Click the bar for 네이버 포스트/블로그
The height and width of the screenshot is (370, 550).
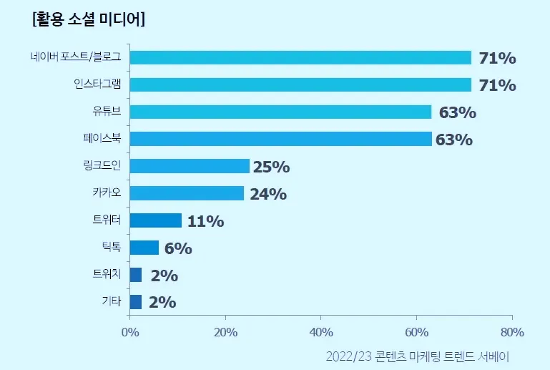300,58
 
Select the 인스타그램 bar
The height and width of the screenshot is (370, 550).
300,85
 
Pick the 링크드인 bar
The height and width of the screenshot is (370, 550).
190,166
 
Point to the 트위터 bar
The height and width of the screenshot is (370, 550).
156,220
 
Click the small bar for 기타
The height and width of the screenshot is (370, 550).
136,302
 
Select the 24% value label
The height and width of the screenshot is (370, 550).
268,194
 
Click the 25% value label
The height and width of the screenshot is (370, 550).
271,167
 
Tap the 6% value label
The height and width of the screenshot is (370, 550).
178,248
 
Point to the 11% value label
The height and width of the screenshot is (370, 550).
205,221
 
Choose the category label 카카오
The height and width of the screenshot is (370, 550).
107,193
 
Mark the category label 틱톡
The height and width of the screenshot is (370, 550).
112,248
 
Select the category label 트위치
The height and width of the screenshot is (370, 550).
107,275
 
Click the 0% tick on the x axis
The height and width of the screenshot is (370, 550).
129,332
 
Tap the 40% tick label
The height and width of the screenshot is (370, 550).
321,332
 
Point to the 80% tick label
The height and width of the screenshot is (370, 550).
512,332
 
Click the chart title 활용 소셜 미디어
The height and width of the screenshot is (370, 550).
89,19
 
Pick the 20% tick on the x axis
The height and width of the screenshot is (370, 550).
225,332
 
